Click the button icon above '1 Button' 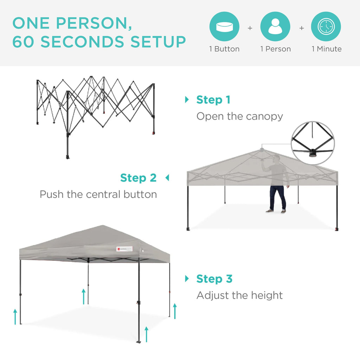click(224, 27)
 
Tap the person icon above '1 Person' click(275, 27)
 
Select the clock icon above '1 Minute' click(326, 27)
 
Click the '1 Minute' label click(326, 49)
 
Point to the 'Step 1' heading click(213, 100)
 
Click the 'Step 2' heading click(138, 178)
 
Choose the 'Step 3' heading click(214, 279)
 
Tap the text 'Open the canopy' click(239, 116)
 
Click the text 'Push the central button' click(98, 194)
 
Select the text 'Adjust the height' click(239, 295)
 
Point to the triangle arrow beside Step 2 click(167, 178)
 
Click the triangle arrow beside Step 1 click(187, 100)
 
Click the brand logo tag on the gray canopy click(125, 249)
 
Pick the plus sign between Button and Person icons click(250, 28)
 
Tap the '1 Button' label click(224, 49)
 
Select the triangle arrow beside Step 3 click(187, 279)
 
